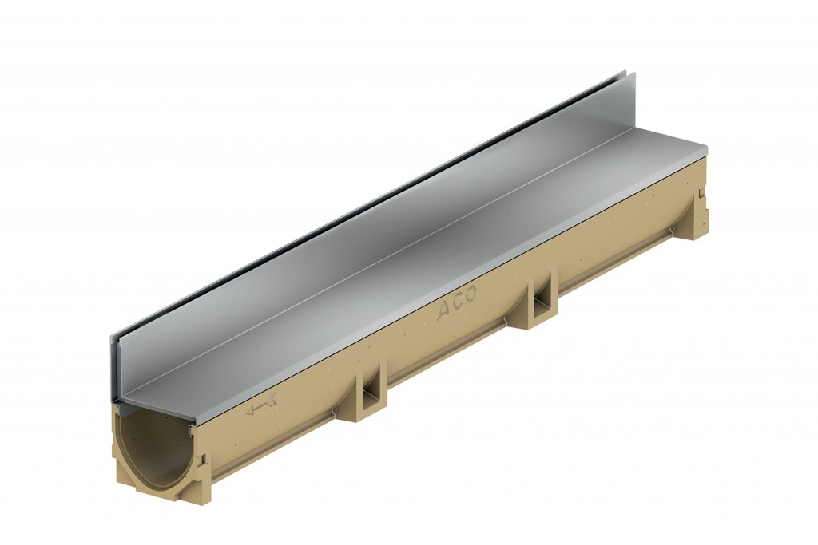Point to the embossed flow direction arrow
pyautogui.click(x=261, y=409)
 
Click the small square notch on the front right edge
pyautogui.click(x=201, y=460)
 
